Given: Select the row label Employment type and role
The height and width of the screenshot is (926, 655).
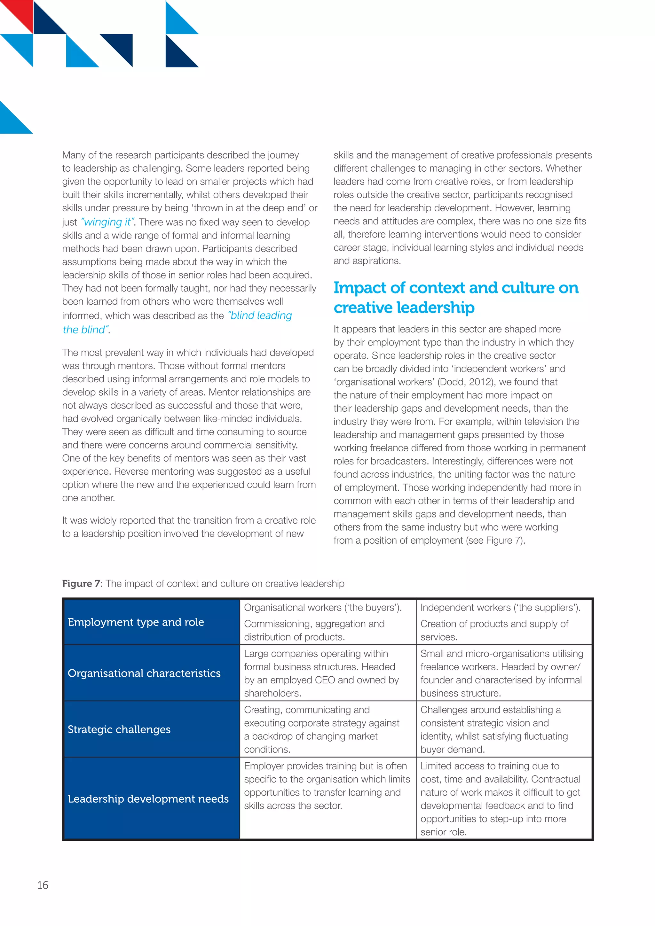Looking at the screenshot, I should (x=136, y=622).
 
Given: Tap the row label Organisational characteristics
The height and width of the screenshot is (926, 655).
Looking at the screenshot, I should (x=144, y=673).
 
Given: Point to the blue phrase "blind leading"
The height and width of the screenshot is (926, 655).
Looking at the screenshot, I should (x=260, y=315).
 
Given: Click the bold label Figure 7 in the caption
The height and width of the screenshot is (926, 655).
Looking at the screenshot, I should (x=82, y=584).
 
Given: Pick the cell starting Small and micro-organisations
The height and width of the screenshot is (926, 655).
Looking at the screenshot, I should (x=501, y=673).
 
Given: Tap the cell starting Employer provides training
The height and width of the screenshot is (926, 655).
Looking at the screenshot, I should (x=327, y=786).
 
